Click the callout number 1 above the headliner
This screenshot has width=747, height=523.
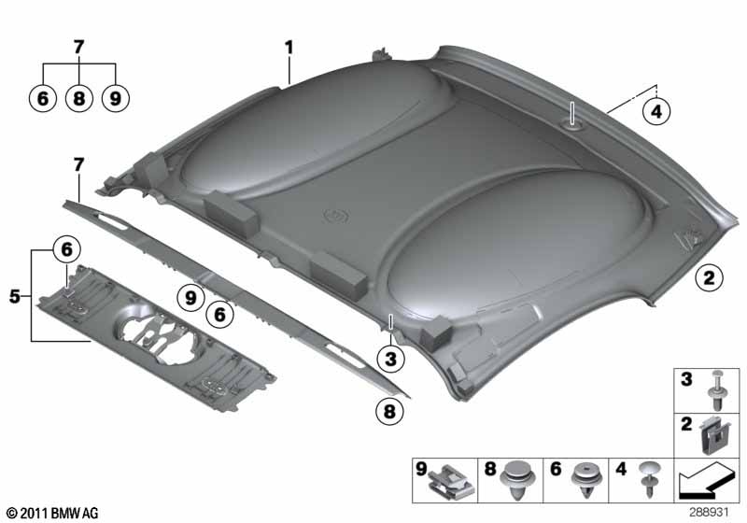(289, 47)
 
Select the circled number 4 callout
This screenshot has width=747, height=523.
(656, 111)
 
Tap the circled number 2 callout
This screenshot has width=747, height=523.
(709, 277)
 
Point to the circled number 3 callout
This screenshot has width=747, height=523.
(390, 359)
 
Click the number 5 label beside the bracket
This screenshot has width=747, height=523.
(15, 296)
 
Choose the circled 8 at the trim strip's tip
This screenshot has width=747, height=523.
(389, 411)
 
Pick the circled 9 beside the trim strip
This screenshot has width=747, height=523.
(190, 298)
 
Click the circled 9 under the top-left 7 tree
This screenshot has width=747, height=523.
(115, 99)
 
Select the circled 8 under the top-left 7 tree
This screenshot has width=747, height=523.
(79, 99)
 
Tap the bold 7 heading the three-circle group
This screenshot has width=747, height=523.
(79, 47)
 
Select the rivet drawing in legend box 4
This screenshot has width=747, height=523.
(650, 477)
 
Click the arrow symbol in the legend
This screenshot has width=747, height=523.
(704, 481)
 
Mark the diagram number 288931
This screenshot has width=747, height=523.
(710, 512)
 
